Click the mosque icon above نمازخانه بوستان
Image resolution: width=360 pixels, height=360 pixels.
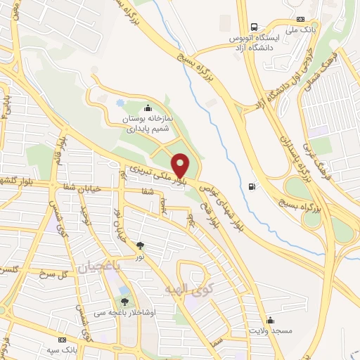pyautogui.click(x=147, y=108)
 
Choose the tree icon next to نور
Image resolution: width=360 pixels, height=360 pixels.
pyautogui.click(x=141, y=245)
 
